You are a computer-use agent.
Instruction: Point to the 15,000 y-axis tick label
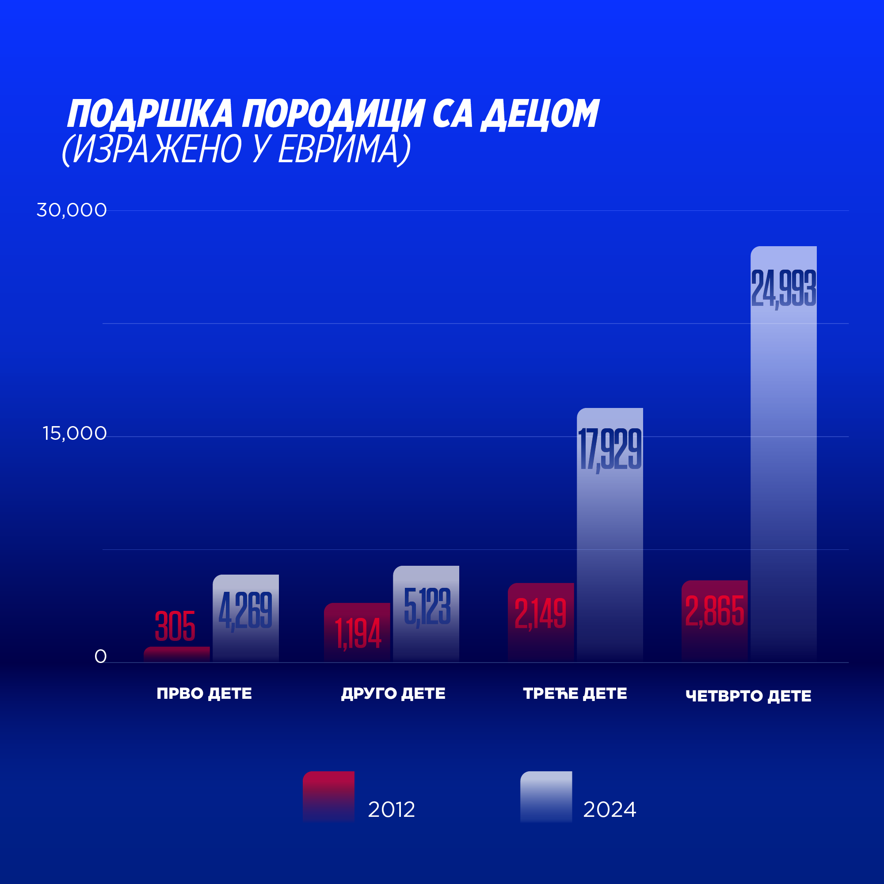tap(75, 433)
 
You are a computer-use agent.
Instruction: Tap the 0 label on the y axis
tap(100, 657)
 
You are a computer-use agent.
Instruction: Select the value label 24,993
tap(783, 289)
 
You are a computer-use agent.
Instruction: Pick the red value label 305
tap(175, 626)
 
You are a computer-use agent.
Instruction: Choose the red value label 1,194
tap(358, 634)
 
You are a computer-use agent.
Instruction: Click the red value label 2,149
tap(541, 614)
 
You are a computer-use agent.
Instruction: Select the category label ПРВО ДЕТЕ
tap(204, 693)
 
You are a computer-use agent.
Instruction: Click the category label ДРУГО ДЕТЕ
tap(393, 693)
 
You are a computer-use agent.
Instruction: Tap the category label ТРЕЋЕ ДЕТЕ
tap(575, 693)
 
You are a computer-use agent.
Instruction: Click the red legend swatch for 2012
tap(328, 796)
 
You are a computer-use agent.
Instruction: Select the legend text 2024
tap(609, 810)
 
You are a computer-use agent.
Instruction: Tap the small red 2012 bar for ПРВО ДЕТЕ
tap(177, 654)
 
